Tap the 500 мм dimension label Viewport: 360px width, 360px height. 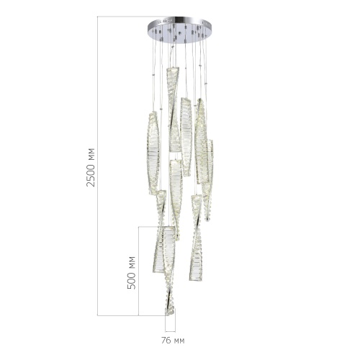[x=131, y=271]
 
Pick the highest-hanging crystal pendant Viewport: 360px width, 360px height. [x=172, y=108]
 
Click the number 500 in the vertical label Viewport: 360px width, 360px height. [x=131, y=279]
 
